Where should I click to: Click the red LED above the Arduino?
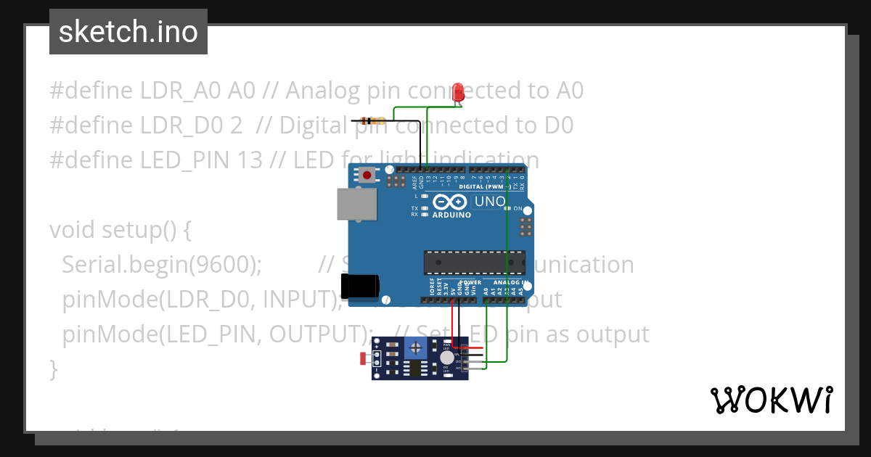pyautogui.click(x=458, y=93)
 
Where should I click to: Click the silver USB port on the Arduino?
pyautogui.click(x=357, y=204)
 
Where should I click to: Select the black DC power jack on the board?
pyautogui.click(x=360, y=287)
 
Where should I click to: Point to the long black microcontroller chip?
pyautogui.click(x=474, y=263)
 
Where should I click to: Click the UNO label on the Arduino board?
pyautogui.click(x=489, y=201)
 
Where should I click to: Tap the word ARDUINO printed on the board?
pyautogui.click(x=451, y=215)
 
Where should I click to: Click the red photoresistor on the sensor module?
pyautogui.click(x=365, y=358)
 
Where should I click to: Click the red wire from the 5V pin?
pyautogui.click(x=454, y=319)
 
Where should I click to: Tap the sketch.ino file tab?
pyautogui.click(x=128, y=32)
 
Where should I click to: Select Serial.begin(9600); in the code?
pyautogui.click(x=162, y=265)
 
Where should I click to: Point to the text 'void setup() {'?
pyautogui.click(x=120, y=230)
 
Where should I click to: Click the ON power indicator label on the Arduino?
pyautogui.click(x=518, y=209)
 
